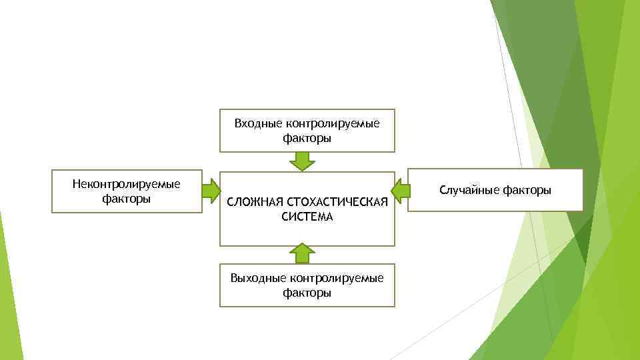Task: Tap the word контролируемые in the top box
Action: (x=332, y=123)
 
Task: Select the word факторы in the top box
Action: (x=307, y=139)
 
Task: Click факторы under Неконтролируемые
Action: (x=127, y=199)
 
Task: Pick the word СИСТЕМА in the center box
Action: (x=307, y=217)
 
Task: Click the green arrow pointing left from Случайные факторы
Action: (x=400, y=191)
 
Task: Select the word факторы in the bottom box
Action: (x=307, y=293)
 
